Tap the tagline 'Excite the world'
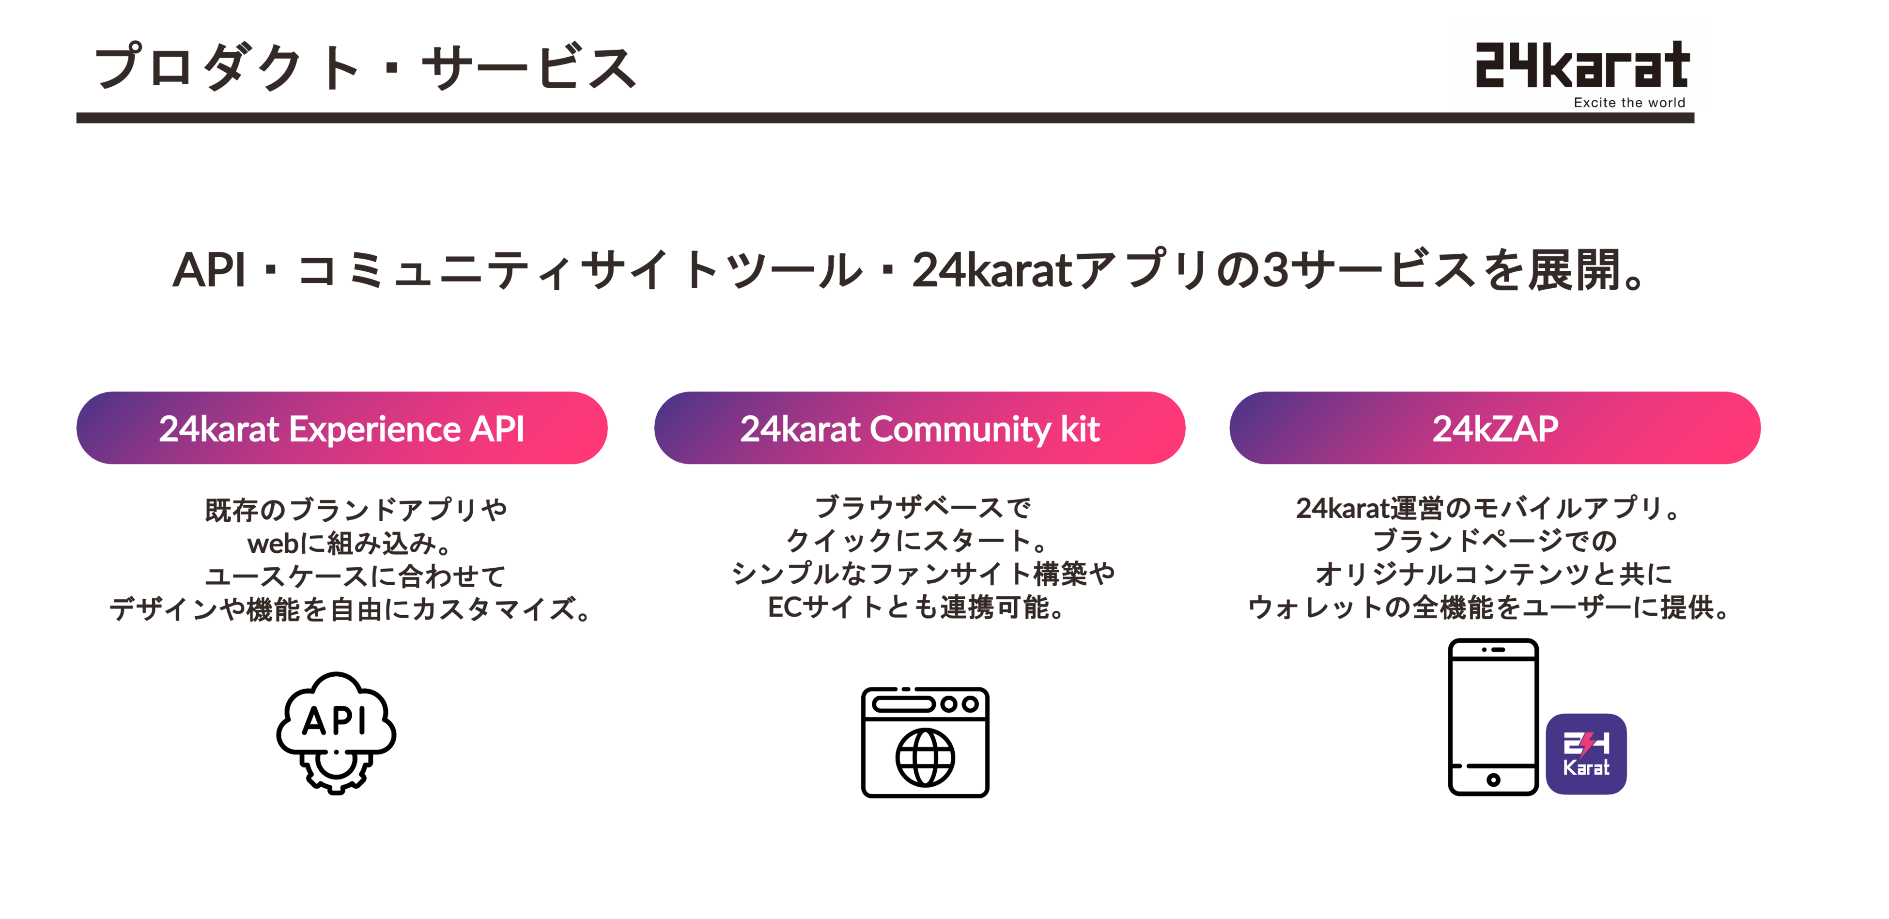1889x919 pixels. (1629, 103)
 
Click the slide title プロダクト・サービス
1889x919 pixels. (365, 67)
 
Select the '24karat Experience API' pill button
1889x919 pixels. (342, 428)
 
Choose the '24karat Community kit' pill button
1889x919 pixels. (920, 428)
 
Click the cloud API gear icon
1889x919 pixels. (336, 732)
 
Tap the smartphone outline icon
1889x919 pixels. (1493, 717)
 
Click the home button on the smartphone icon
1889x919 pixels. (1493, 779)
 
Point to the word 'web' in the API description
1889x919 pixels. (273, 544)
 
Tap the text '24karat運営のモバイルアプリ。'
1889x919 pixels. (1488, 508)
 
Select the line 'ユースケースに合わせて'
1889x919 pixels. (355, 576)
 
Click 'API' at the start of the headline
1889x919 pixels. (209, 270)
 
